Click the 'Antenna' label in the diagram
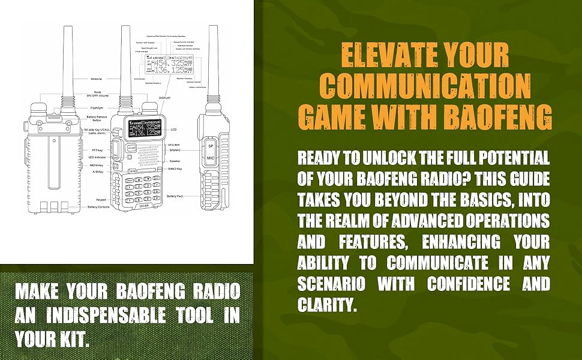pyautogui.click(x=97, y=79)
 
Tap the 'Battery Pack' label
pyautogui.click(x=176, y=196)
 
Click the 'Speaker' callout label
pyautogui.click(x=174, y=161)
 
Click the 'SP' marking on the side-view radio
pyautogui.click(x=211, y=146)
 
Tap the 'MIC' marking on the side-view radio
pyautogui.click(x=211, y=158)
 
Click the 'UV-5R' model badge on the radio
pyautogui.click(x=143, y=205)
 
